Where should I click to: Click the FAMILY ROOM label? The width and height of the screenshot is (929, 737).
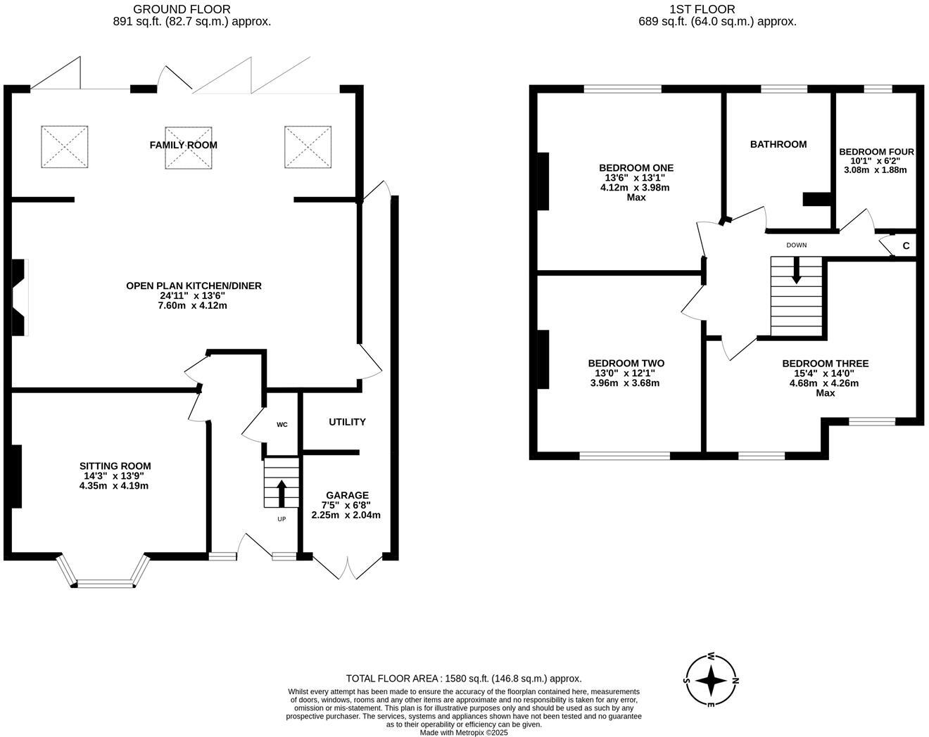(x=183, y=145)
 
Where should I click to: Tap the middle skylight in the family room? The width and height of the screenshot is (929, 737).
(x=188, y=148)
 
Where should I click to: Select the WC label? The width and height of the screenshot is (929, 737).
(x=282, y=425)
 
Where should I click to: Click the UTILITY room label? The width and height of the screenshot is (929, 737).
(x=347, y=422)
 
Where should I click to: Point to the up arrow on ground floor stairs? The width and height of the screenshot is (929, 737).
(x=282, y=493)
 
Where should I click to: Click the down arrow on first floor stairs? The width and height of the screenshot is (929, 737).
(x=796, y=270)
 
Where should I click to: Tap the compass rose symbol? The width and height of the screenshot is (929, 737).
(x=712, y=681)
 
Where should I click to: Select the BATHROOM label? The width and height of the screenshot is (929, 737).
(x=778, y=144)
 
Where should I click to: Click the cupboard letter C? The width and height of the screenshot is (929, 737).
(x=906, y=246)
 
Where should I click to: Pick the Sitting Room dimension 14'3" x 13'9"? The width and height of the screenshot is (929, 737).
(x=115, y=476)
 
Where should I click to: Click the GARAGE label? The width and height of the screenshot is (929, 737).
(x=347, y=495)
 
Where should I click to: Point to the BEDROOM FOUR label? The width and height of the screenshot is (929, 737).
(x=876, y=152)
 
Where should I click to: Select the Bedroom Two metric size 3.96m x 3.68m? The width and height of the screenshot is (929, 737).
(x=625, y=383)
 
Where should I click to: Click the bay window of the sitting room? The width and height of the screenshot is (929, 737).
(x=104, y=582)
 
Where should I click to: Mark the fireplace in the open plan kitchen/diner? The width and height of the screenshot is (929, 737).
(x=18, y=297)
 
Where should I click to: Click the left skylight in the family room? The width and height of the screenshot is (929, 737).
(x=65, y=147)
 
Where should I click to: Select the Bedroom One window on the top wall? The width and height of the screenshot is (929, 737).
(x=622, y=89)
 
